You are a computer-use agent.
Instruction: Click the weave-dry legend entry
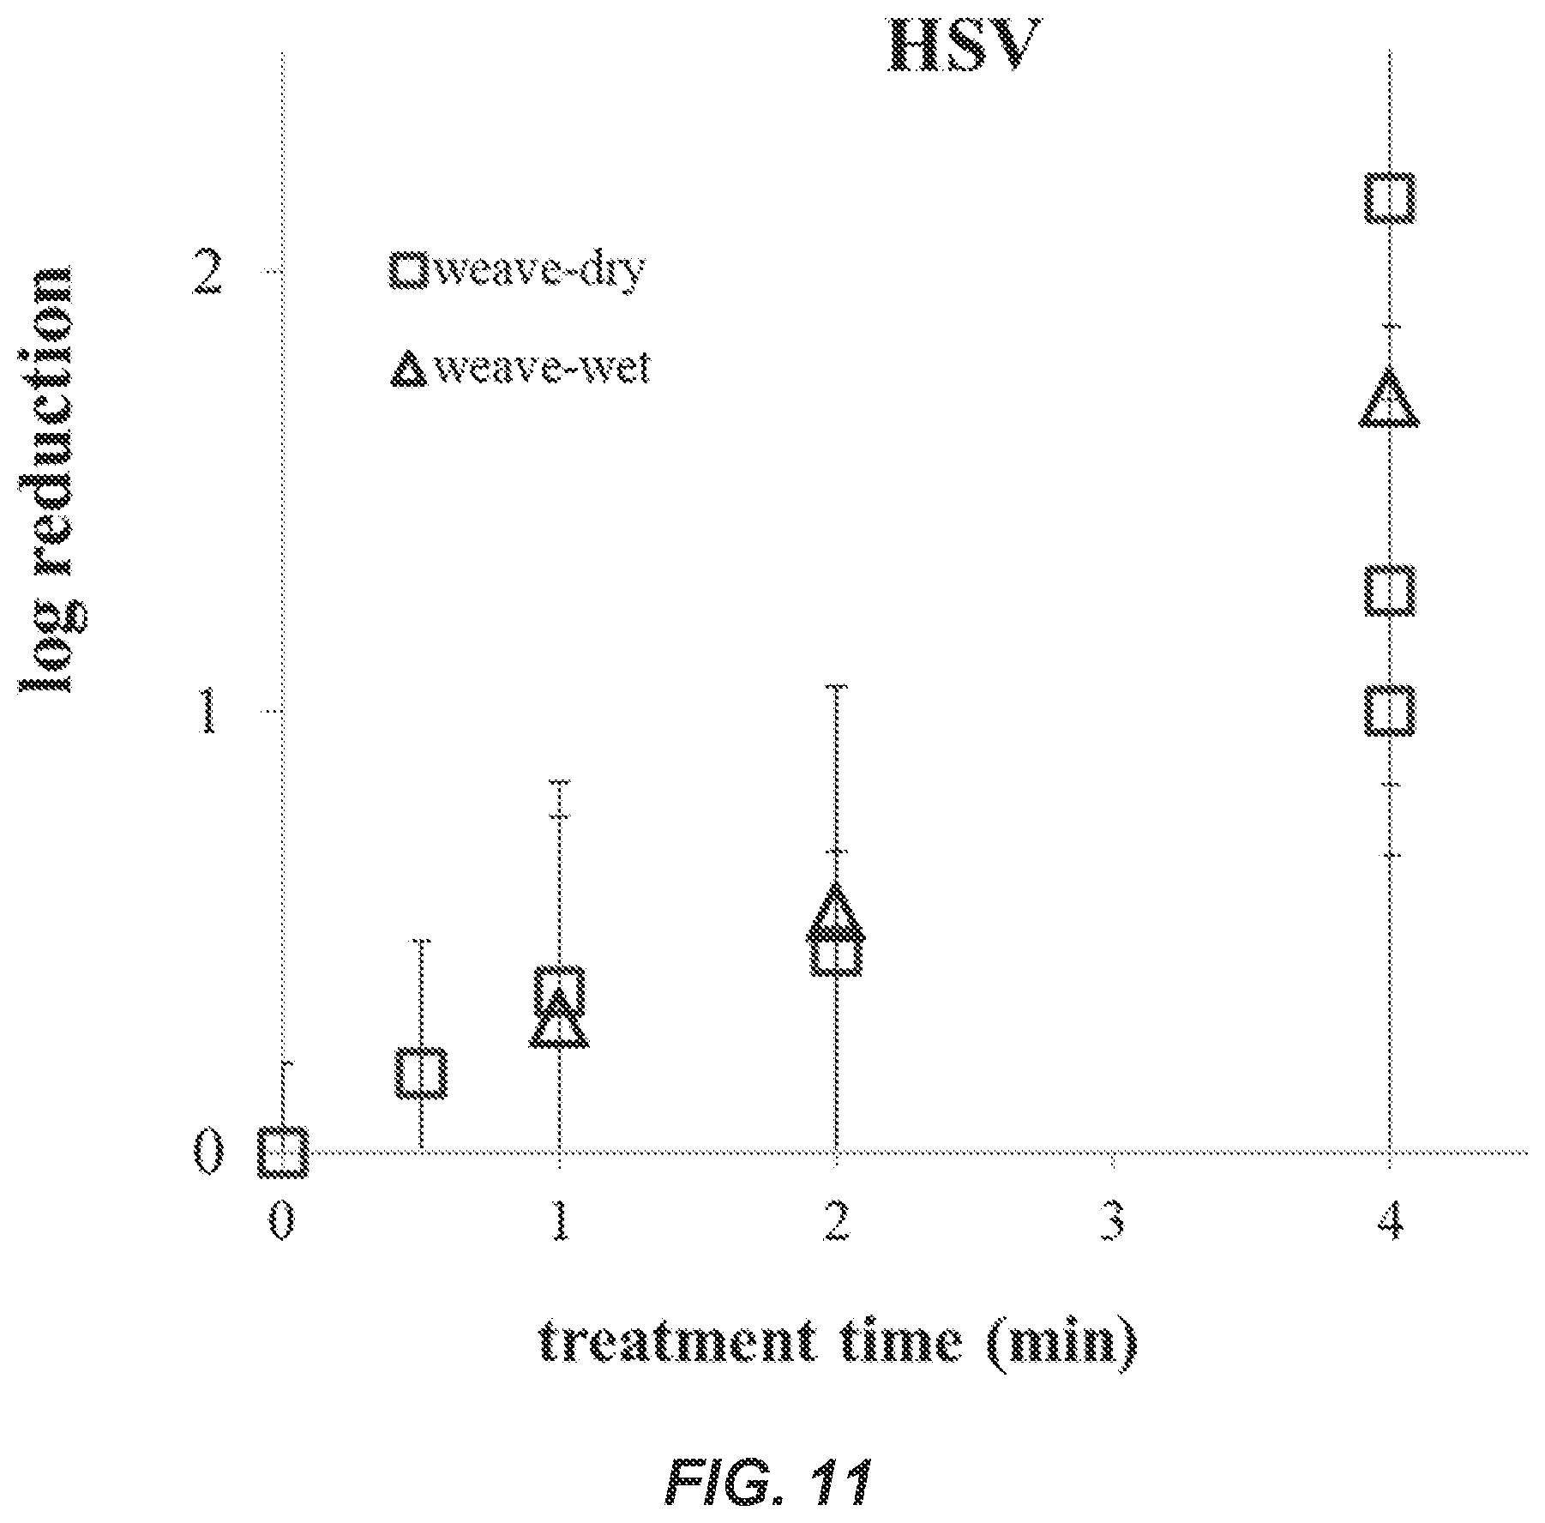click(x=517, y=270)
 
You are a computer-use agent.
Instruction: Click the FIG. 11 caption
click(x=767, y=1482)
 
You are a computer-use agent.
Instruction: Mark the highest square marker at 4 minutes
click(x=1390, y=198)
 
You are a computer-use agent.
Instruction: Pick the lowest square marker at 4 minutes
click(x=1390, y=711)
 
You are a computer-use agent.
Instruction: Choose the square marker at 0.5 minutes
click(x=421, y=1073)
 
